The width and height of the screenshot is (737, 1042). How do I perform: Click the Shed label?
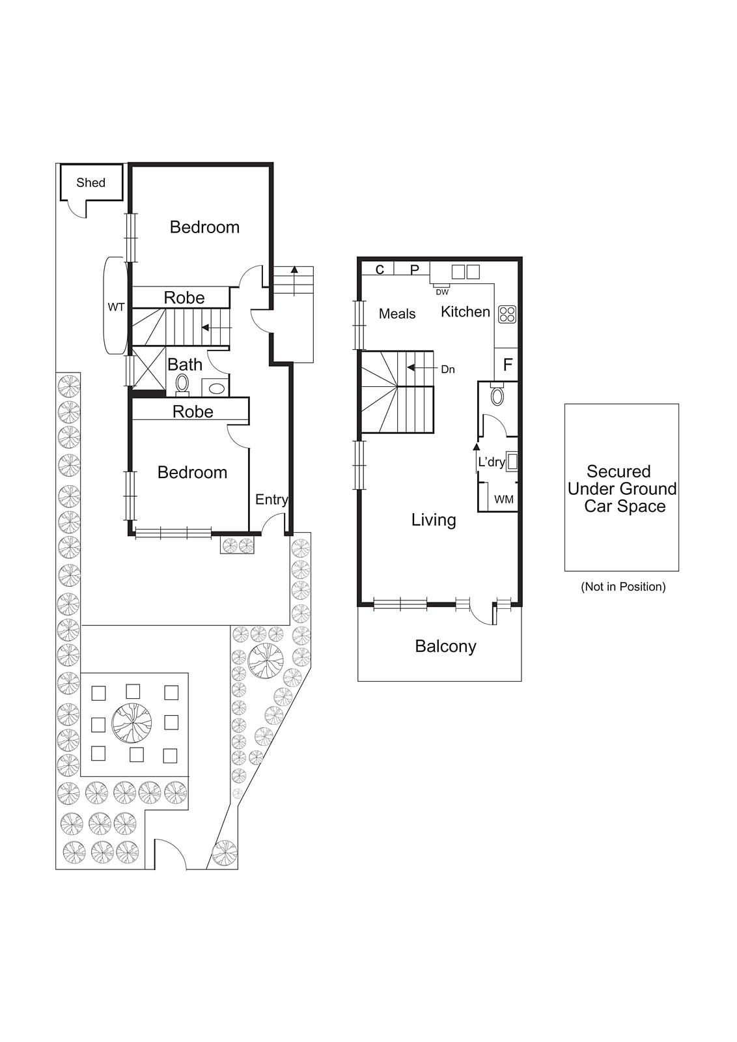[90, 182]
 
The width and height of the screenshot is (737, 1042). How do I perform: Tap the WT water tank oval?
[116, 306]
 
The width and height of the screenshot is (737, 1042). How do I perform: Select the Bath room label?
[185, 365]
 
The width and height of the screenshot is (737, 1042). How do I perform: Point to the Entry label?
[271, 500]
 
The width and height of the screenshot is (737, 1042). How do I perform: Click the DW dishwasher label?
[442, 292]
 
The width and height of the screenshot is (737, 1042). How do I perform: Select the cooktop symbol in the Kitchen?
[507, 315]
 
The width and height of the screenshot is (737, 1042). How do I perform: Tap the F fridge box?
[508, 365]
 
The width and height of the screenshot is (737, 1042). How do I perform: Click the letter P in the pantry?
[415, 270]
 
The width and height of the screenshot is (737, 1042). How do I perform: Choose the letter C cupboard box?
[380, 270]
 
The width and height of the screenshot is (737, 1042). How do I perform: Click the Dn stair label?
[447, 369]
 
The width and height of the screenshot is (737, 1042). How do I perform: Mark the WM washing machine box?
[503, 500]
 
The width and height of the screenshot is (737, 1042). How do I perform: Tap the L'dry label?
[492, 462]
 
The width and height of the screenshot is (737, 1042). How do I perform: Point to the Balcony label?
[445, 646]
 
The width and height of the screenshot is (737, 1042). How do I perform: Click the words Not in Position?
[623, 587]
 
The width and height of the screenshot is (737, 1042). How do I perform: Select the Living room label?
[434, 520]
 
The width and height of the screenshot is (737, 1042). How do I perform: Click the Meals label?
[397, 314]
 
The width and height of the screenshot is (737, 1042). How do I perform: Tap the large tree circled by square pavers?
[132, 723]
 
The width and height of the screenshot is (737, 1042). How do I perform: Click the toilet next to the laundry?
[497, 396]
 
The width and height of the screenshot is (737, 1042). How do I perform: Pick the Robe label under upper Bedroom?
[184, 298]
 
